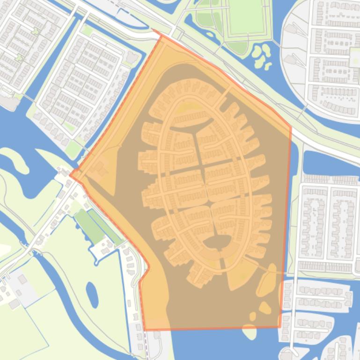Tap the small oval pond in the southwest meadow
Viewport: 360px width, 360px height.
[x=92, y=294]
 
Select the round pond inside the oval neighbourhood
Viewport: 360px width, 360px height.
[x=217, y=242]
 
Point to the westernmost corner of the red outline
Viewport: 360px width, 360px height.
[x=70, y=175]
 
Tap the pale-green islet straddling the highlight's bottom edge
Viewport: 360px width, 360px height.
[x=250, y=331]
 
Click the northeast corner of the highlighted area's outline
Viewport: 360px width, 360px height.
[x=290, y=126]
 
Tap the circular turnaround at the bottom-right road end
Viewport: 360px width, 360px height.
[x=287, y=352]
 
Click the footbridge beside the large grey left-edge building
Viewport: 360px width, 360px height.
[x=28, y=97]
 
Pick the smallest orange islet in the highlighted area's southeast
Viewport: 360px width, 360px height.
[x=253, y=317]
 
